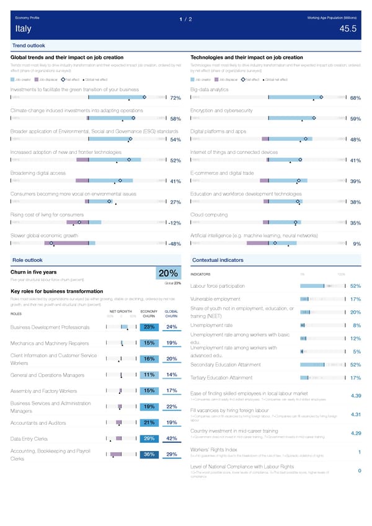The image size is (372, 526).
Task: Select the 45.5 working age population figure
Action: pos(348,29)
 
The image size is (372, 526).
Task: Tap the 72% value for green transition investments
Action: pos(175,99)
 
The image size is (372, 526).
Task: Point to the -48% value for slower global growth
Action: pos(174,244)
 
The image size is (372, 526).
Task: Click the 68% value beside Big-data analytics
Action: pos(355,99)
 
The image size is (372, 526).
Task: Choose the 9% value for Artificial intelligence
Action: pos(357,244)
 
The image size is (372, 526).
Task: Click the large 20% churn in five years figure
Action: pos(168,274)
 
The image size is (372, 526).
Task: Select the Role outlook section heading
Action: pos(27,259)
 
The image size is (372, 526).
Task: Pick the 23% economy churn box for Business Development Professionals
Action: pos(149,328)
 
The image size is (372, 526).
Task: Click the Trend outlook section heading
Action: pos(28,46)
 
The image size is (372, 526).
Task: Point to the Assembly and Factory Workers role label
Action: pos(44,391)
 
